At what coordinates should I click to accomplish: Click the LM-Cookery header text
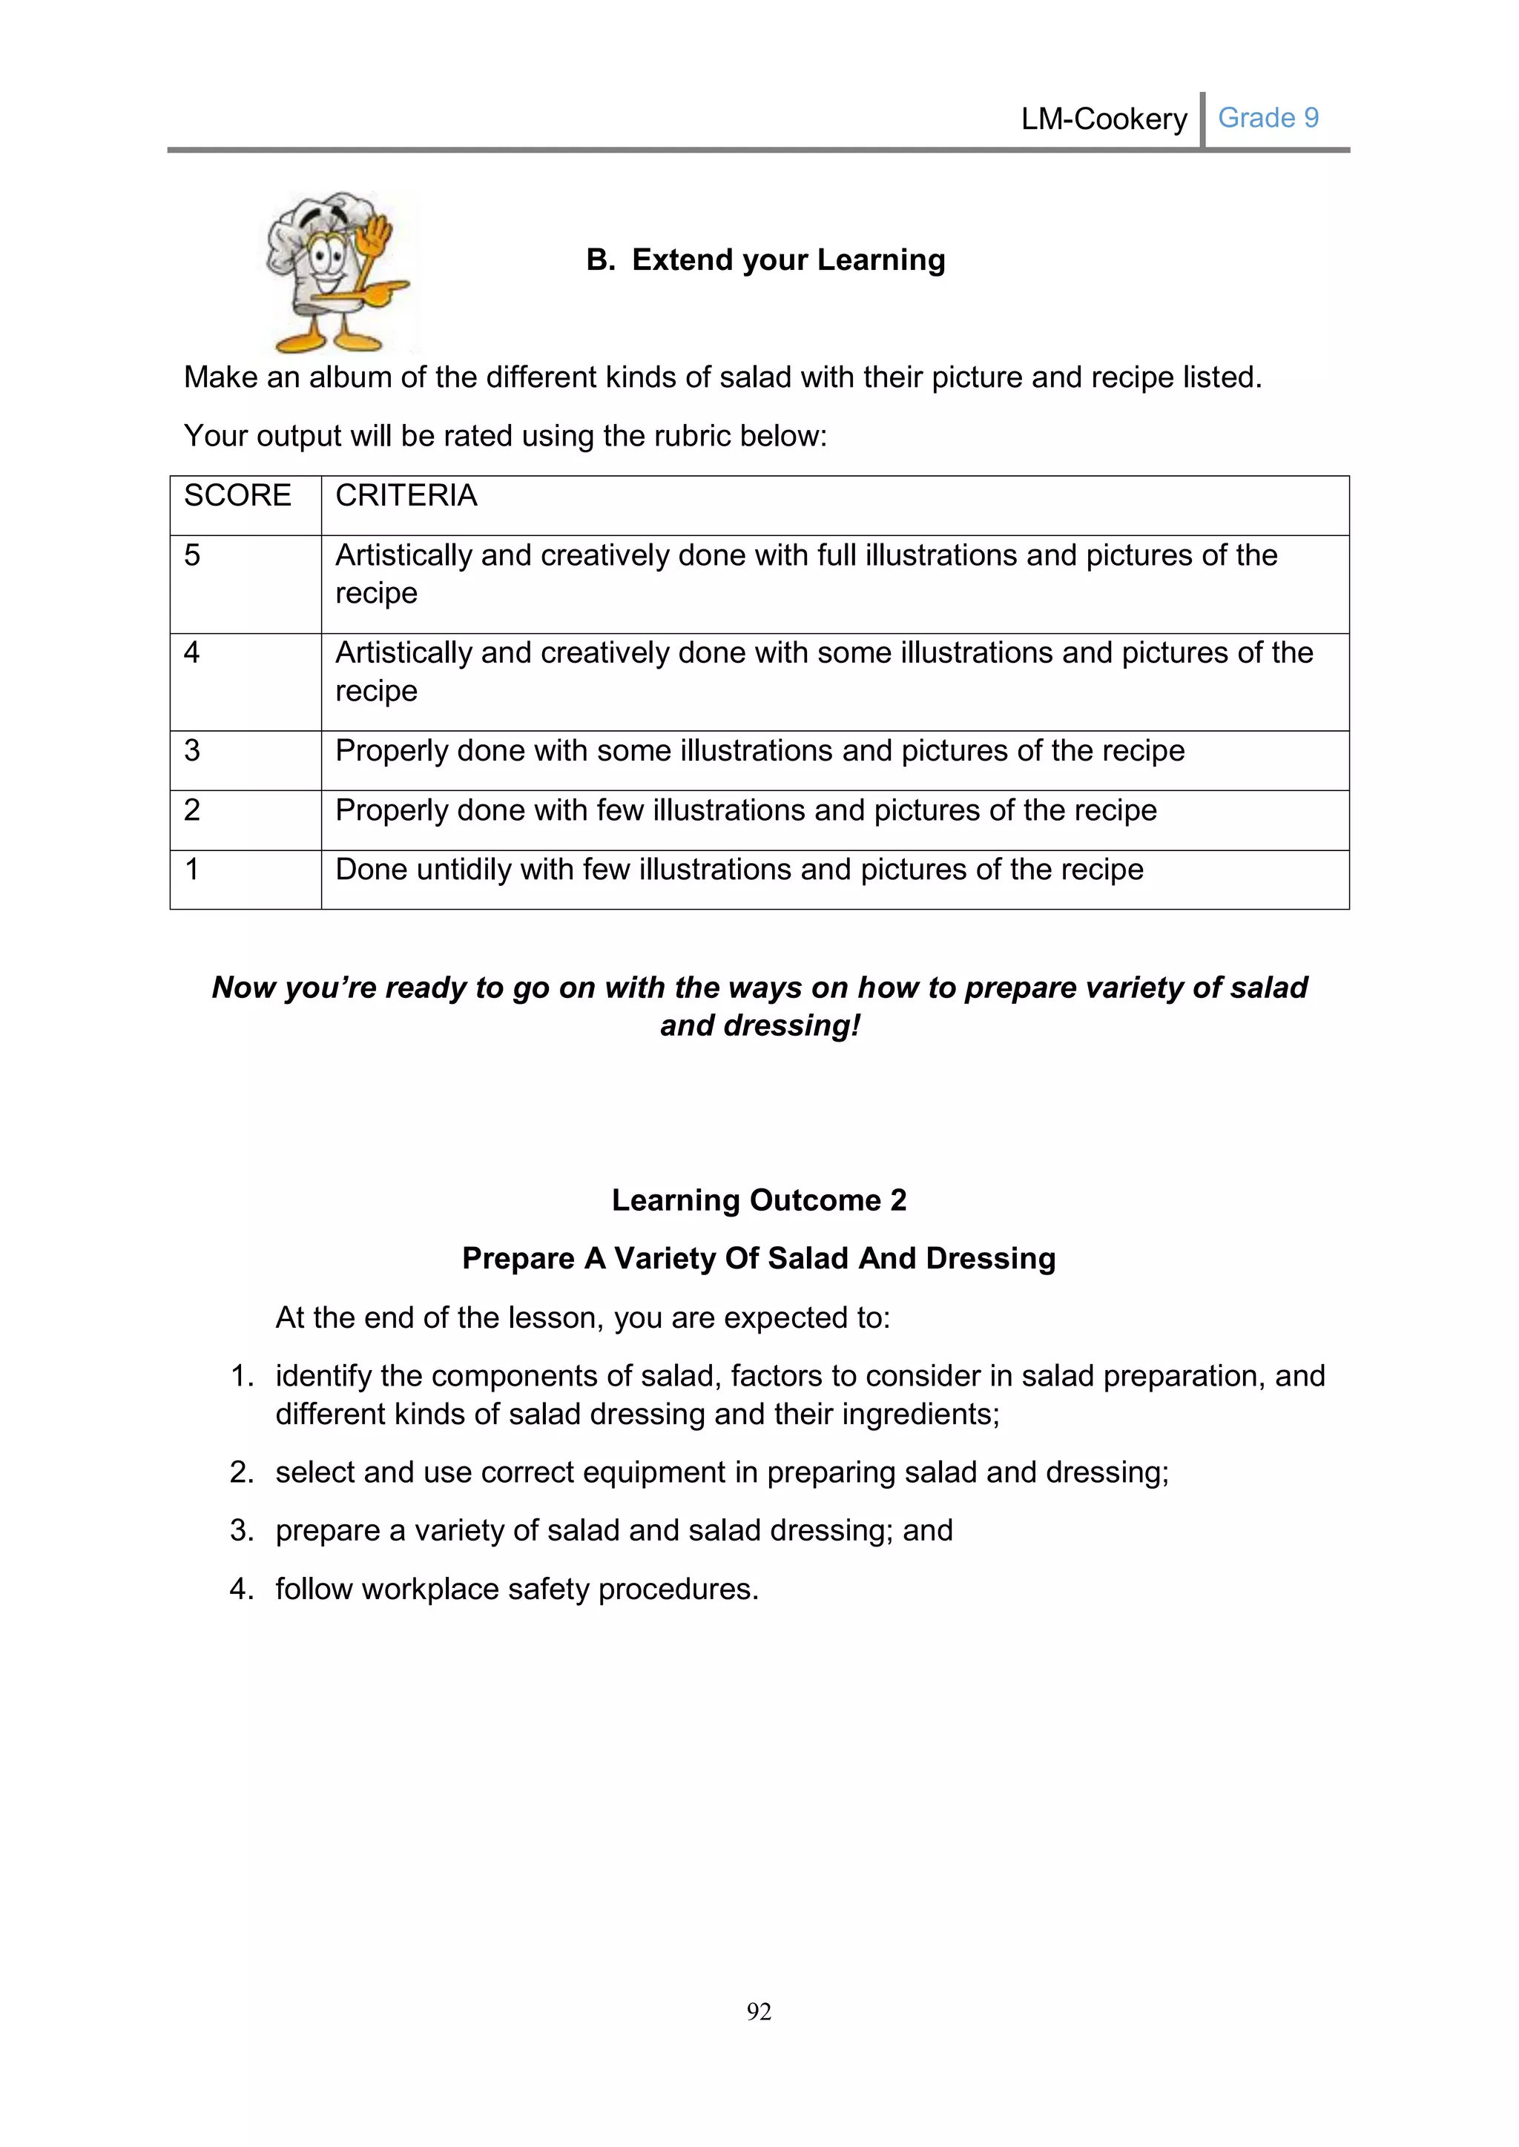click(1104, 119)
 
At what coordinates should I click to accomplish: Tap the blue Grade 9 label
click(1268, 118)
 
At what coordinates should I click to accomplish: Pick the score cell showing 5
click(192, 555)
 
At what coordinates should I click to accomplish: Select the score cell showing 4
click(192, 652)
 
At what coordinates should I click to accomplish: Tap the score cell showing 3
click(192, 750)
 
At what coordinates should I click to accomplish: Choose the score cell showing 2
click(192, 810)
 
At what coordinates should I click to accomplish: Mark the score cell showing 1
click(192, 870)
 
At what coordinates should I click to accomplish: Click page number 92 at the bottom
click(759, 2011)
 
